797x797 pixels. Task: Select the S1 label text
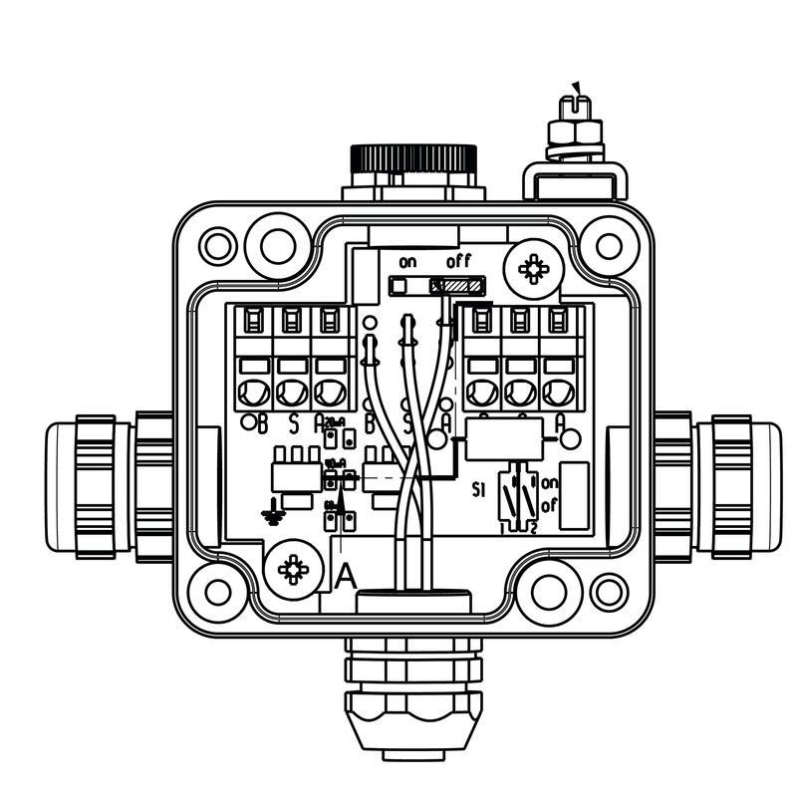click(478, 490)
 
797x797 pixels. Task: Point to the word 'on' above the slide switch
click(406, 262)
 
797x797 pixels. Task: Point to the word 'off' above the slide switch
click(458, 262)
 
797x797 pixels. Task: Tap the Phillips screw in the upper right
click(535, 267)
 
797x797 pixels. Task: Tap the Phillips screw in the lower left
click(292, 570)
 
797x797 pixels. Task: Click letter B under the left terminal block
click(262, 424)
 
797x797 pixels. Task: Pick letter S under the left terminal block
click(293, 424)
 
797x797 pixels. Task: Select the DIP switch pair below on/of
click(517, 498)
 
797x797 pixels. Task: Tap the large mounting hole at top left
click(271, 242)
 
